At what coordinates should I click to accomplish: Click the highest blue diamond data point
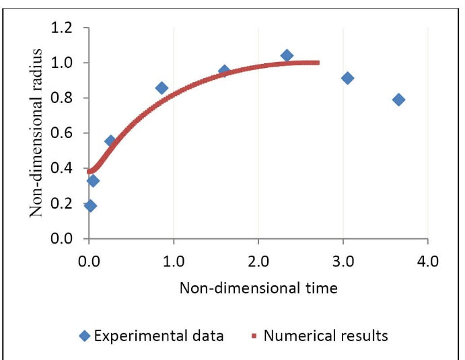click(287, 55)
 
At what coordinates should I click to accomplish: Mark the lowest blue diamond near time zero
click(90, 206)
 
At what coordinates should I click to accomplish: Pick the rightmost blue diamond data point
click(398, 100)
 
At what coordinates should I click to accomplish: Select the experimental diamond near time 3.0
click(347, 78)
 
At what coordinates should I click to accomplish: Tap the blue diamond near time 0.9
click(162, 88)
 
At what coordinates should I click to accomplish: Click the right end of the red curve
click(317, 63)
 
